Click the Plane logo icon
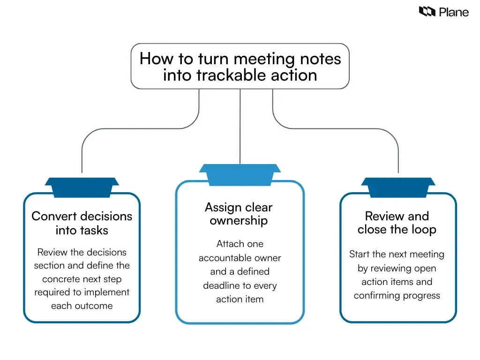427,12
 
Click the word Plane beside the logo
454,12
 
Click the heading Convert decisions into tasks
82,223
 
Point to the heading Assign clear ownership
239,214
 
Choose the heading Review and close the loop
397,223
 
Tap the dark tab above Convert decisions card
82,187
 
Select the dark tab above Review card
398,187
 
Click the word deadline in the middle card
220,285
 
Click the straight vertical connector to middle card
240,127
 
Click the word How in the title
153,59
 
